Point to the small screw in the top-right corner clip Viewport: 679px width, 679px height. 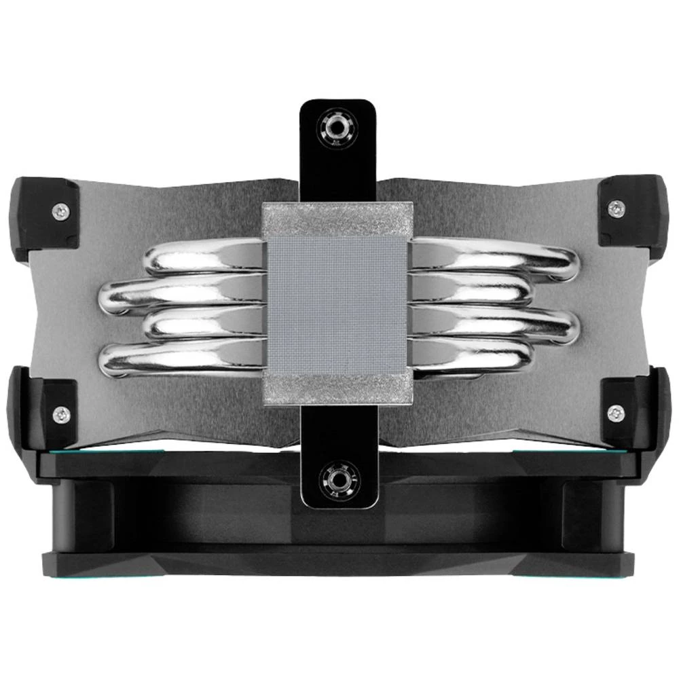point(614,206)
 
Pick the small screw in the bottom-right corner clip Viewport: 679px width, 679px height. point(615,411)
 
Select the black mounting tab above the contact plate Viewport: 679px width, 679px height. point(337,153)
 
